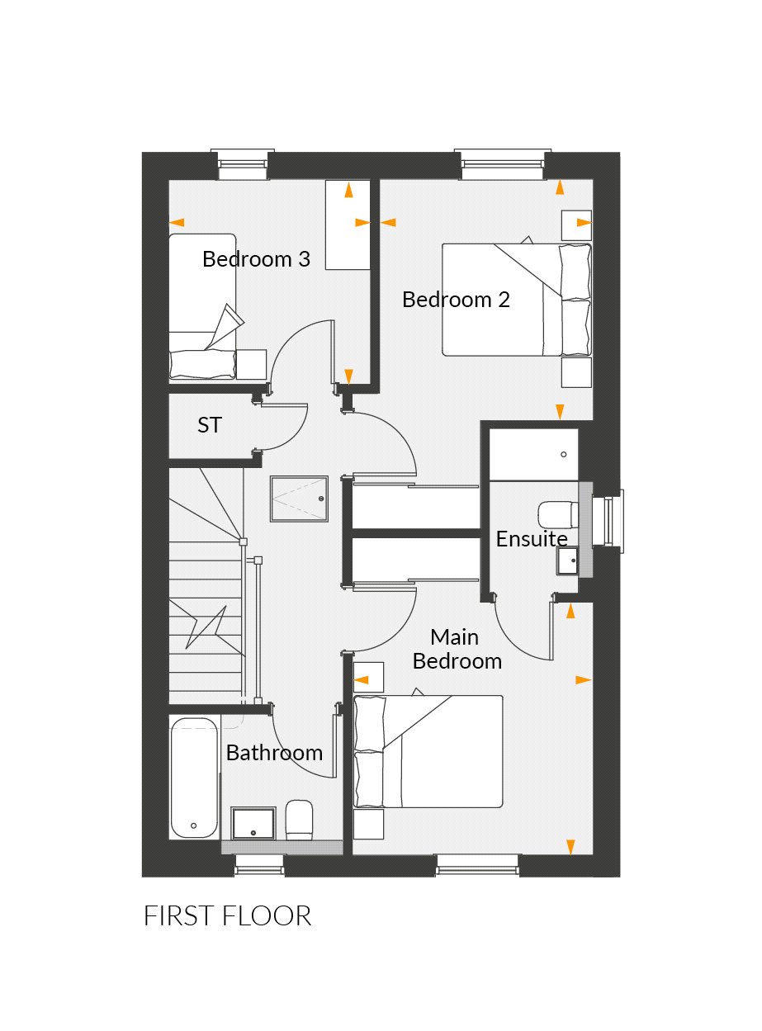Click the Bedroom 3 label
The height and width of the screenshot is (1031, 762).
[x=256, y=259]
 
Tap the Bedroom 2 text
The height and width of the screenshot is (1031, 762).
[x=456, y=300]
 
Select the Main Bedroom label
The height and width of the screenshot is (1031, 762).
[x=457, y=650]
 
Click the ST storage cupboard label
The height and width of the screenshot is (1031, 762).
[x=210, y=425]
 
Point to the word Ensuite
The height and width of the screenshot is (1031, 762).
[x=532, y=539]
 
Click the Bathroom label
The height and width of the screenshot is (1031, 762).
[x=274, y=753]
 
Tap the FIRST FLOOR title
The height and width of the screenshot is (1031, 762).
[x=227, y=916]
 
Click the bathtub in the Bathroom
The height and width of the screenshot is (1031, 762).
[x=195, y=778]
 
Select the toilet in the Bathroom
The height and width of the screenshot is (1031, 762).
[x=299, y=819]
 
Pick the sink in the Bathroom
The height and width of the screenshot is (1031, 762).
[x=253, y=823]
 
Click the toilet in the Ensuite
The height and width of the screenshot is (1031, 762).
[x=557, y=513]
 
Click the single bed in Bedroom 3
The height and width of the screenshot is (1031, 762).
[x=202, y=307]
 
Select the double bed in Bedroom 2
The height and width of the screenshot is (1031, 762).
[x=517, y=300]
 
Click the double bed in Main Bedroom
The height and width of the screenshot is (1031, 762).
[x=428, y=751]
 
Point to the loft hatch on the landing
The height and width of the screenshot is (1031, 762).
[x=299, y=499]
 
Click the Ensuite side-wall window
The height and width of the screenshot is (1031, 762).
[x=612, y=521]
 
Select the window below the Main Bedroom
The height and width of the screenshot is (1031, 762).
[x=478, y=864]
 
